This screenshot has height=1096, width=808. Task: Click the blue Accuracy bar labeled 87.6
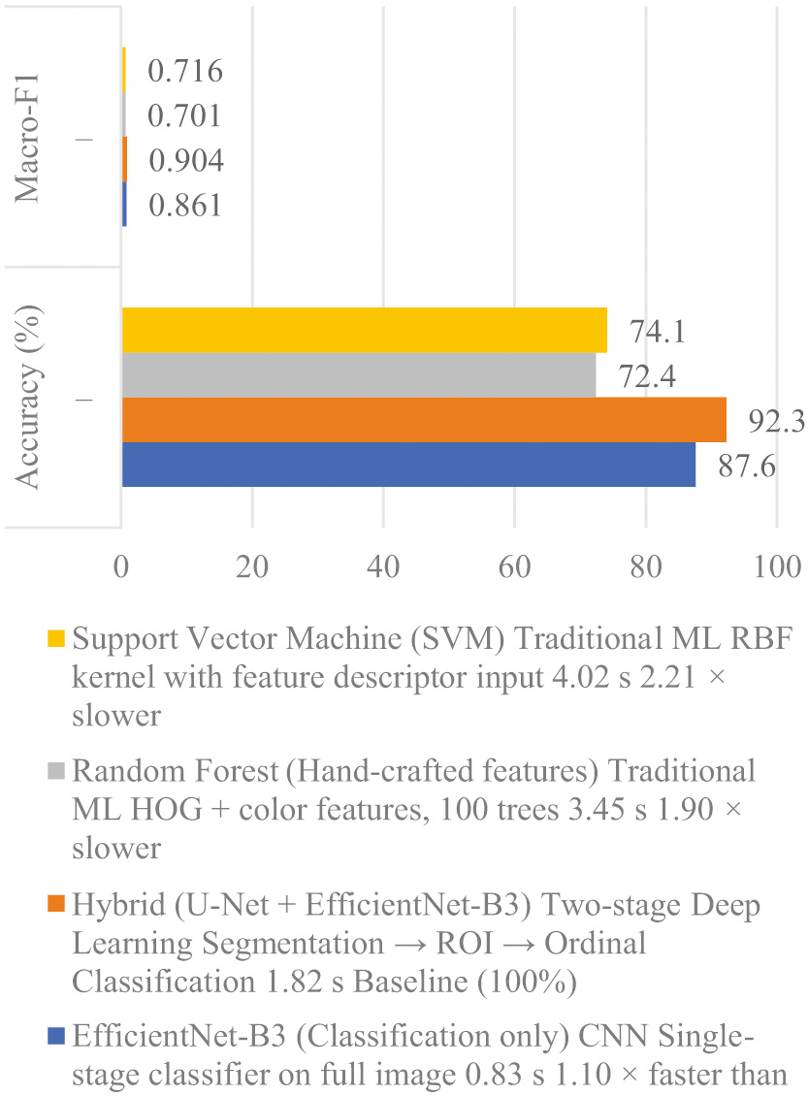pyautogui.click(x=407, y=465)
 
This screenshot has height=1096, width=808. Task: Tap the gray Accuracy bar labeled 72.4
pyautogui.click(x=358, y=375)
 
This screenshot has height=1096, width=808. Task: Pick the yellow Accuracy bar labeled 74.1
pyautogui.click(x=364, y=331)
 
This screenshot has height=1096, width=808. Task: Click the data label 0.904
pyautogui.click(x=186, y=161)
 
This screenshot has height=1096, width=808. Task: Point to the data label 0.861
pyautogui.click(x=186, y=206)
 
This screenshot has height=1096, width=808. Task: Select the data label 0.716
pyautogui.click(x=186, y=71)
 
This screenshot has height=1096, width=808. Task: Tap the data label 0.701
pyautogui.click(x=186, y=116)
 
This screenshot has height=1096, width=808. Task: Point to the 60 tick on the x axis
pyautogui.click(x=514, y=564)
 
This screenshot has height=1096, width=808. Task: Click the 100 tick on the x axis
pyautogui.click(x=776, y=564)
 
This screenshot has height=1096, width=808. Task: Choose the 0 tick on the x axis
pyautogui.click(x=121, y=564)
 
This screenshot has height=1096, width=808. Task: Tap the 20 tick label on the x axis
pyautogui.click(x=252, y=564)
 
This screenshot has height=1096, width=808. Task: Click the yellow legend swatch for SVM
pyautogui.click(x=57, y=641)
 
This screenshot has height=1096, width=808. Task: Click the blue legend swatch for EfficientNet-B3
pyautogui.click(x=57, y=1039)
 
